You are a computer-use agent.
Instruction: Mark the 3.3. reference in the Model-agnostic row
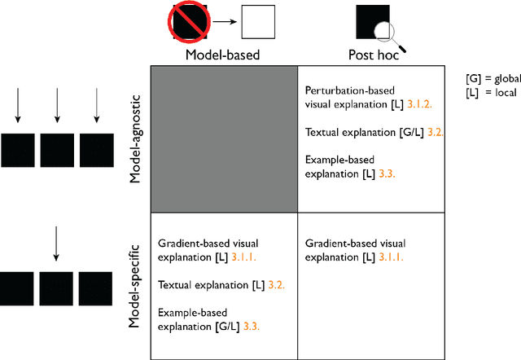click(393, 173)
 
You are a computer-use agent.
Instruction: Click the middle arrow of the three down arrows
click(56, 107)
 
